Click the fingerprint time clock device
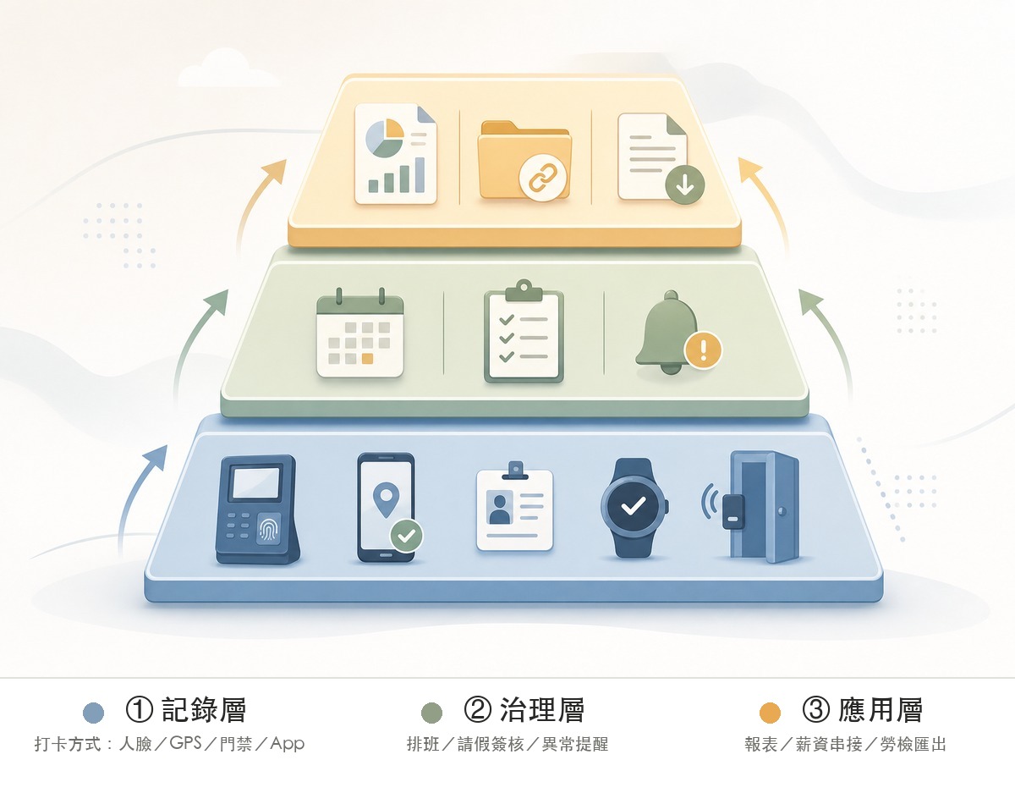point(257,509)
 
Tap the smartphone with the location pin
point(387,507)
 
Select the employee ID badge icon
point(514,507)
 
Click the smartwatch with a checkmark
point(634,508)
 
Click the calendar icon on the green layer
point(359,333)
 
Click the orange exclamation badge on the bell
point(703,350)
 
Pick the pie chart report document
point(396,154)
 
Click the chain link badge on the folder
point(541,178)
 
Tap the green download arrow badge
point(685,184)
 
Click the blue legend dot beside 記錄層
point(93,713)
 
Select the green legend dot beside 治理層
point(431,713)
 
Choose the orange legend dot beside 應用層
point(770,713)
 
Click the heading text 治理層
point(542,710)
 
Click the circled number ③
point(815,710)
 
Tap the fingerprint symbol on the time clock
point(269,528)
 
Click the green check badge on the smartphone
point(407,536)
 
